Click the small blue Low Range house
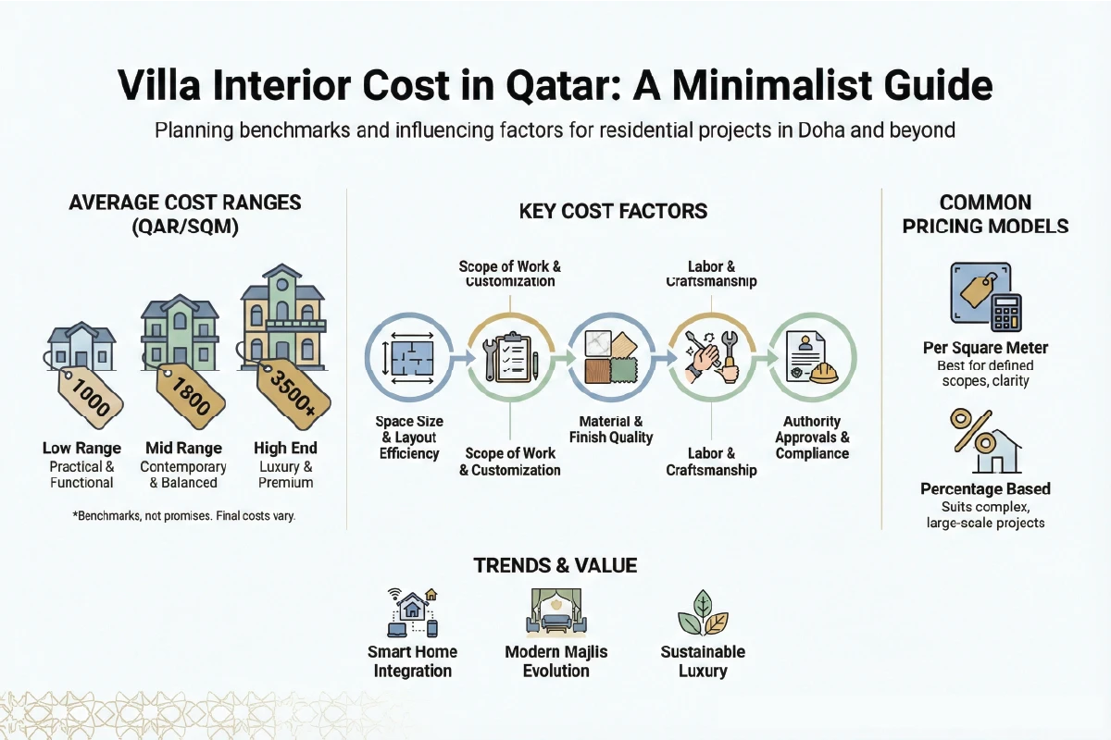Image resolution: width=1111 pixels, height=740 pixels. click(81, 346)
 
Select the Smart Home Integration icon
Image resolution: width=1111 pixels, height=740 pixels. click(414, 611)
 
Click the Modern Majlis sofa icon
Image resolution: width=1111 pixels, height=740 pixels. click(555, 611)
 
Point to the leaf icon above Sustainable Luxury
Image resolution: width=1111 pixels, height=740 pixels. click(703, 611)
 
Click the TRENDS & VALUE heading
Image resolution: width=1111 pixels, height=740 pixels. click(555, 564)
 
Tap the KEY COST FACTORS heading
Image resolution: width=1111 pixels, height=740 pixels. click(614, 211)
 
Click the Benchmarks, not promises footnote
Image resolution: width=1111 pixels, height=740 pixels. click(183, 516)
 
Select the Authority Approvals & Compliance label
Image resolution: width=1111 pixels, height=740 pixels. click(812, 438)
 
